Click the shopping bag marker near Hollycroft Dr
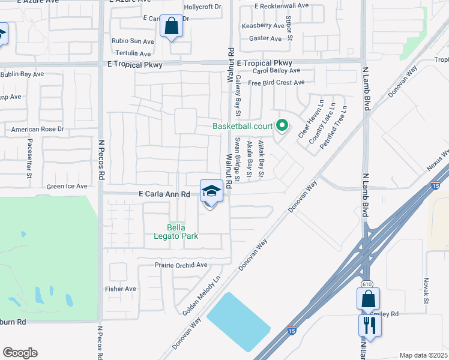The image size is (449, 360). [x=172, y=27]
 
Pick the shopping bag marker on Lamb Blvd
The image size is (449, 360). [x=368, y=299]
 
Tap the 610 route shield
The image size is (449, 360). [x=366, y=283]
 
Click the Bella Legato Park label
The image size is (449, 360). [x=182, y=232]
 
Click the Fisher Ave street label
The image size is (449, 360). [x=121, y=289]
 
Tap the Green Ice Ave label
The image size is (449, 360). [x=67, y=187]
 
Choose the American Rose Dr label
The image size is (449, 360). [x=37, y=129]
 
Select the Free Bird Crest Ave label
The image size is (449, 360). [x=277, y=83]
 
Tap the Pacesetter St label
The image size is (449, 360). [x=29, y=159]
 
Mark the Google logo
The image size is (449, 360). [x=20, y=353]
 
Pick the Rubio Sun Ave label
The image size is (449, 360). [x=133, y=41]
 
